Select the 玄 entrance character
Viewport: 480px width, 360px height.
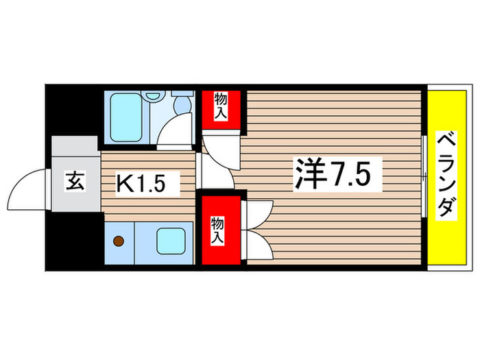point(73,183)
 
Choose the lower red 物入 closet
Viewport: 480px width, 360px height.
point(220,231)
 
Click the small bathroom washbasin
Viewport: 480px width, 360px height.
point(163,100)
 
